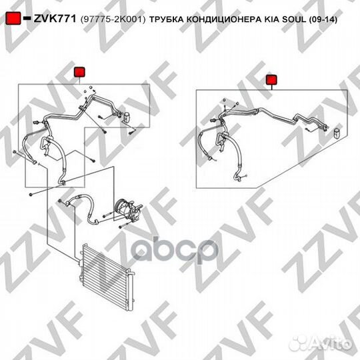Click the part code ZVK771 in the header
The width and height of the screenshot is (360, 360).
point(55,19)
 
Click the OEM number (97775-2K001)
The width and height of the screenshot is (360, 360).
point(113,19)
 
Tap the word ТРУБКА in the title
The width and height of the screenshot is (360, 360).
point(167,20)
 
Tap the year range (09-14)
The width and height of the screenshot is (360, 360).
point(323,20)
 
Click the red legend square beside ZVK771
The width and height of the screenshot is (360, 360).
point(13,18)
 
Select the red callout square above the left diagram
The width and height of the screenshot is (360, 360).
point(79,72)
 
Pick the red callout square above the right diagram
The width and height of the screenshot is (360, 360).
point(271,80)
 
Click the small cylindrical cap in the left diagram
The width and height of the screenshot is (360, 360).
point(127,117)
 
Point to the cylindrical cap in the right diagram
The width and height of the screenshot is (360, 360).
point(337,133)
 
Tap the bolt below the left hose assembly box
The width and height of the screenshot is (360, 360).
point(31,195)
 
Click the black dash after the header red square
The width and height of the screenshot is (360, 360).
point(27,18)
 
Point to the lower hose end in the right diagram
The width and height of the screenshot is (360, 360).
point(237,177)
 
